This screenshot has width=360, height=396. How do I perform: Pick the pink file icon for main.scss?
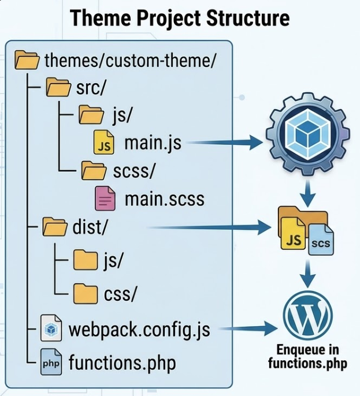point(104,200)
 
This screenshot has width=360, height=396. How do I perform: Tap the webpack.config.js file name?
point(139,330)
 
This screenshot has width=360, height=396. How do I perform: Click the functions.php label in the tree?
point(122,364)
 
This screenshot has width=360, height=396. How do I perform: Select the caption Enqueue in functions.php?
point(307,357)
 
